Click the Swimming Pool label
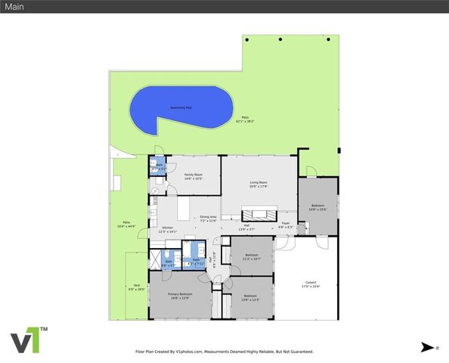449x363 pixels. (181, 108)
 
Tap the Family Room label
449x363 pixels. (194, 176)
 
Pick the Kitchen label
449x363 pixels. (168, 229)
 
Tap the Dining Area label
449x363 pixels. (208, 219)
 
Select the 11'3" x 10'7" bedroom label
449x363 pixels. (252, 256)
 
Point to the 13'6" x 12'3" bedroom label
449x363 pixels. (250, 298)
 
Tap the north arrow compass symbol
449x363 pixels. (427, 347)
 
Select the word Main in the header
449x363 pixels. (15, 6)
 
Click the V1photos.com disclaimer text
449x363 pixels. (224, 352)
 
